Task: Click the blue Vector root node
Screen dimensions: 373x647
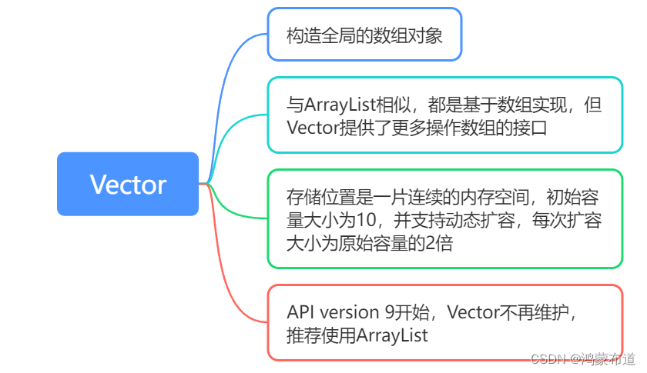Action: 128,184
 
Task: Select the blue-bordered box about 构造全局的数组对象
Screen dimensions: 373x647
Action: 364,34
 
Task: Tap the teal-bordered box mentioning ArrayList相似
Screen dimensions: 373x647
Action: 444,115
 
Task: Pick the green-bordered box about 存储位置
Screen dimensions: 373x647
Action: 444,218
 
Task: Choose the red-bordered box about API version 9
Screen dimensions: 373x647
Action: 444,322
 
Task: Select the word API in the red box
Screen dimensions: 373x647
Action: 300,312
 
